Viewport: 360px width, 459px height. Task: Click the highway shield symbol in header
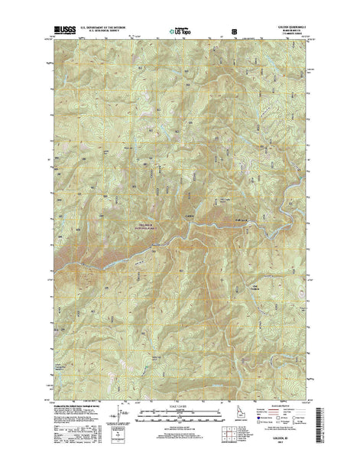point(234,31)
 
